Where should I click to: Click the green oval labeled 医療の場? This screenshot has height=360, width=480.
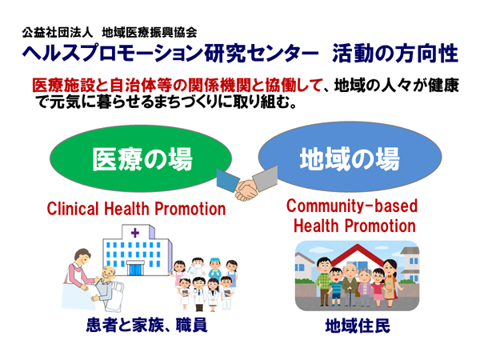[142, 158]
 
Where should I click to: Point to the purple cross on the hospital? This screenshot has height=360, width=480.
[135, 233]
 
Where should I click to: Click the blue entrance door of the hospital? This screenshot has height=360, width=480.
[135, 268]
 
